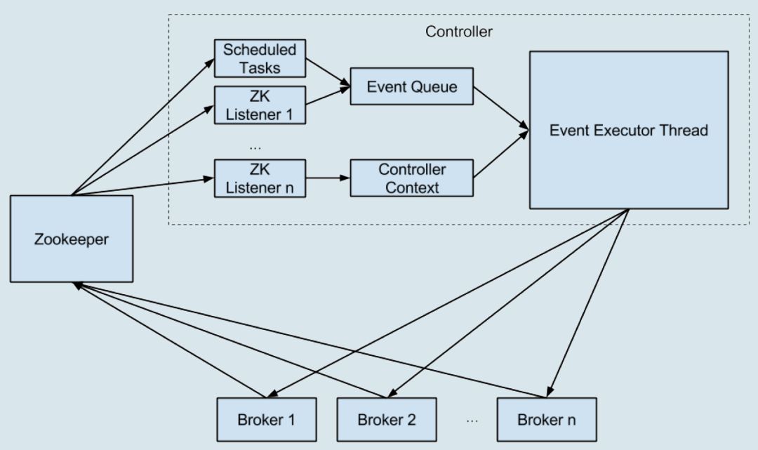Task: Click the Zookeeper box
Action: [x=72, y=239]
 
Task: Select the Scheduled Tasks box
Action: [x=260, y=58]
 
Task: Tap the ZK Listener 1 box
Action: [x=260, y=105]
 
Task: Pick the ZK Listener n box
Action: [x=260, y=178]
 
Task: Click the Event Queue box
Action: [x=411, y=86]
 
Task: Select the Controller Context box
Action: [x=411, y=178]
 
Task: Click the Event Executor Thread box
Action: [x=628, y=130]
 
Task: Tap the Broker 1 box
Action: [x=266, y=420]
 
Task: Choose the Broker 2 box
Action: [x=386, y=420]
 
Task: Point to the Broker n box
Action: [x=547, y=420]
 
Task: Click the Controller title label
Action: [x=459, y=32]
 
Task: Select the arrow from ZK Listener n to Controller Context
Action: [x=328, y=178]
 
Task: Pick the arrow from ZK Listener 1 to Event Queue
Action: [x=328, y=96]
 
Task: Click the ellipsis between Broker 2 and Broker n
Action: [x=472, y=421]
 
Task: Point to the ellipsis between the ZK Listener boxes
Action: [x=255, y=147]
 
